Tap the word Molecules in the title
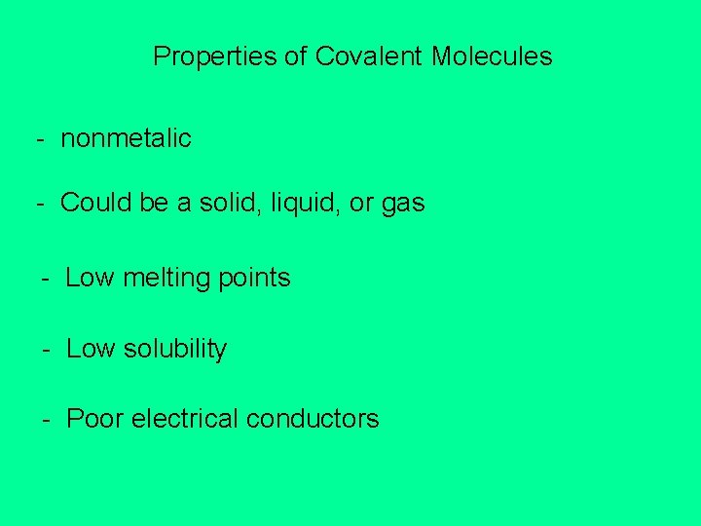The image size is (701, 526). [x=492, y=56]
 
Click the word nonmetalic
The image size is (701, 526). [x=126, y=138]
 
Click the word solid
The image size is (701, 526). [x=221, y=203]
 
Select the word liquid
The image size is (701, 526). [x=296, y=204]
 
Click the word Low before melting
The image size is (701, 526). [x=90, y=278]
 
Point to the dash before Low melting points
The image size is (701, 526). [x=46, y=279]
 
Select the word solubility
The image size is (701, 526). [x=175, y=349]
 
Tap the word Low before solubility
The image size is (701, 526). [x=90, y=349]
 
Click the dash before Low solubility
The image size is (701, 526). [x=46, y=350]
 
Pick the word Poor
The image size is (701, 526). [x=94, y=419]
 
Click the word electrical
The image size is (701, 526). [x=184, y=419]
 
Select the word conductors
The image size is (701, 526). [x=313, y=419]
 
